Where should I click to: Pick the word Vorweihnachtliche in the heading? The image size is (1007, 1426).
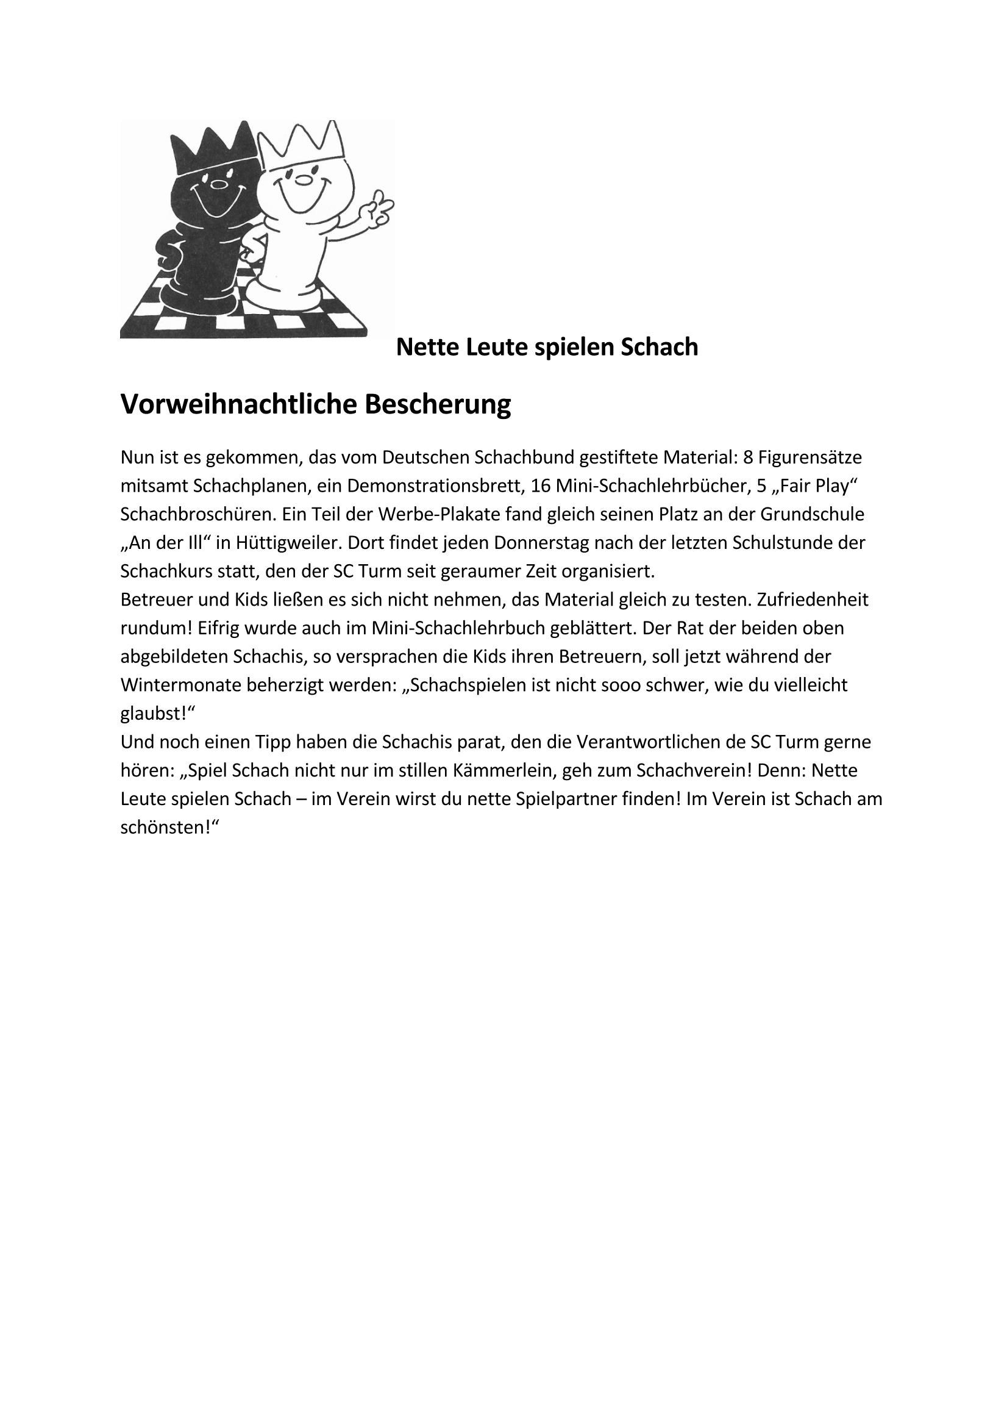pyautogui.click(x=238, y=404)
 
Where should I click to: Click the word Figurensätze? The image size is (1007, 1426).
pyautogui.click(x=810, y=457)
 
